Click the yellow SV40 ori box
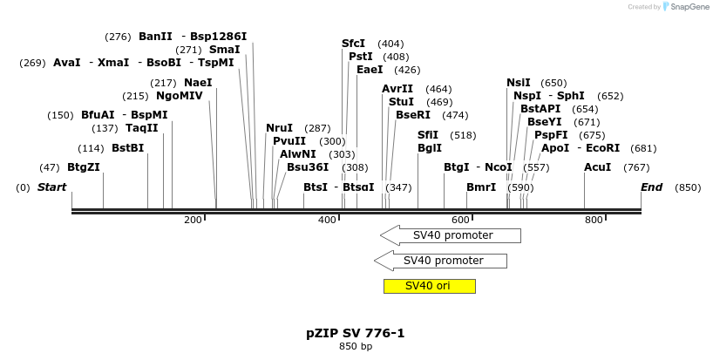pos(430,286)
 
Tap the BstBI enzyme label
pos(128,148)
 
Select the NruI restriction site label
pos(279,128)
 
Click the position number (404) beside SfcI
pos(390,44)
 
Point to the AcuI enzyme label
pos(597,167)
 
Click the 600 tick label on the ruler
pos(460,220)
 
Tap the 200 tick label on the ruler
pos(193,220)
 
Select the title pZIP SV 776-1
pos(355,333)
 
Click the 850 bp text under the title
pos(356,346)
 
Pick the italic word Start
pos(51,187)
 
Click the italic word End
pos(652,187)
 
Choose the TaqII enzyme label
pos(142,128)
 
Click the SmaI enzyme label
pos(225,50)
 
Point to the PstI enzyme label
pos(361,57)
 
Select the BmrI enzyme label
pos(481,187)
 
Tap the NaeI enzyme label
pos(198,83)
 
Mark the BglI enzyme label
pos(430,148)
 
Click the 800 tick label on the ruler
pos(594,220)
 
